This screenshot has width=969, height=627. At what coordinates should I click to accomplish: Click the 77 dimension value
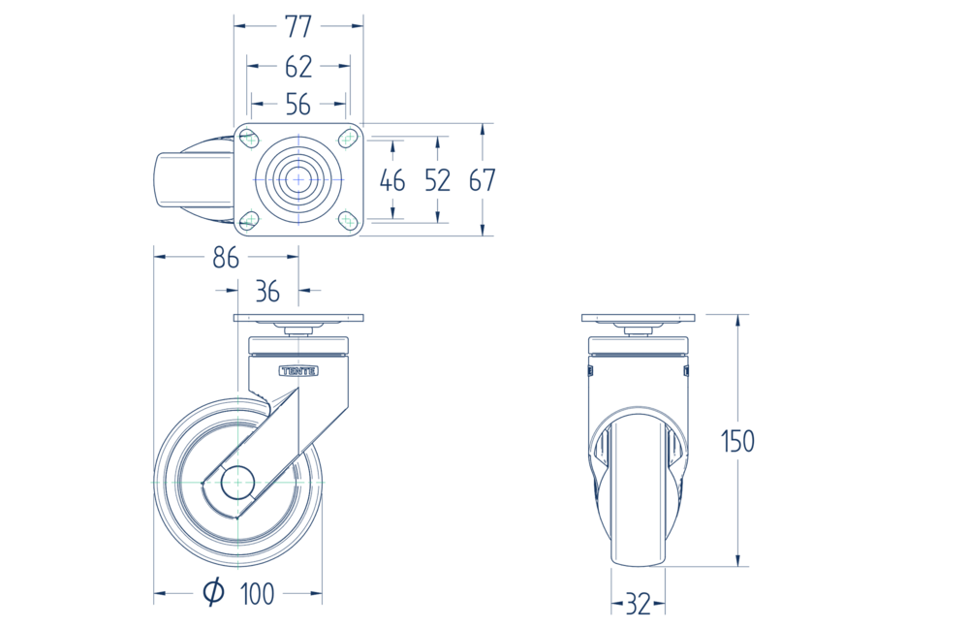(x=298, y=26)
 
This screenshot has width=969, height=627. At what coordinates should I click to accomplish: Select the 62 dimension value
(x=298, y=66)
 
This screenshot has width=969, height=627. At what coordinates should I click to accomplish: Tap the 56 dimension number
(x=297, y=105)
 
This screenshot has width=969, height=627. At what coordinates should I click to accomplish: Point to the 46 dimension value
(x=392, y=180)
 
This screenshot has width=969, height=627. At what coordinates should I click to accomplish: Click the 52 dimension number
(x=438, y=180)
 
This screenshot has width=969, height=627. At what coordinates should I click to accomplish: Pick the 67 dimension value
(x=482, y=180)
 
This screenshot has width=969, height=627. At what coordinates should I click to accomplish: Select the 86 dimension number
(x=226, y=258)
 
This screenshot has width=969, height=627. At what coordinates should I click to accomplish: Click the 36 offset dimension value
(x=267, y=292)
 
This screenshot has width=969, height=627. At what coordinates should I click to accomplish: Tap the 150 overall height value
(x=737, y=442)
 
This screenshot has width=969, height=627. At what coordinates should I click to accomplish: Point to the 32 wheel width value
(x=639, y=604)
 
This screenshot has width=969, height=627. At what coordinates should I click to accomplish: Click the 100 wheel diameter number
(x=257, y=594)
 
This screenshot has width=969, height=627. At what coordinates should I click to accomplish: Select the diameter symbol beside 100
(x=214, y=592)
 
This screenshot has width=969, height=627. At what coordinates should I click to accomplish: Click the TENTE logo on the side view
(x=299, y=371)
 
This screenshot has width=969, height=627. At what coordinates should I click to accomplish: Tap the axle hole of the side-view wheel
(x=238, y=483)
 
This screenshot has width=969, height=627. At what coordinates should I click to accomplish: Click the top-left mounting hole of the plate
(x=248, y=139)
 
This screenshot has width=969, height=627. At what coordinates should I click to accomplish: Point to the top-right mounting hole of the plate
(x=349, y=139)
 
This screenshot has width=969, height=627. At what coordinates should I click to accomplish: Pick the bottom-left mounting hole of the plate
(x=248, y=220)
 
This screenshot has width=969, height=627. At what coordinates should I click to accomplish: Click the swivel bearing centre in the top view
(x=298, y=179)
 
